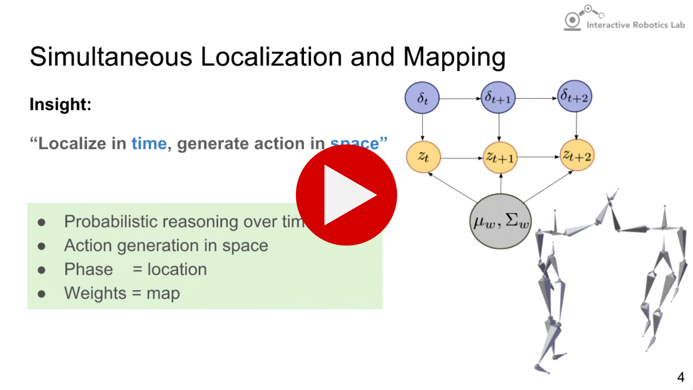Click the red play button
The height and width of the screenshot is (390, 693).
click(346, 195)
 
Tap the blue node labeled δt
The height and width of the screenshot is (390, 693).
click(422, 98)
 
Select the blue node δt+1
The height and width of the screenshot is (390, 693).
click(498, 97)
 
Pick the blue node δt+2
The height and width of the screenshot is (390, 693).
click(575, 96)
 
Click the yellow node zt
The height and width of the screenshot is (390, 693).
click(423, 157)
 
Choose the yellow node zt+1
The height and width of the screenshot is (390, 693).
click(500, 157)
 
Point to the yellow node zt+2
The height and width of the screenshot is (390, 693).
click(577, 156)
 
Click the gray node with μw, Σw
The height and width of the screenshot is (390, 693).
click(500, 221)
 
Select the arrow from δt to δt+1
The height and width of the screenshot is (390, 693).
click(460, 99)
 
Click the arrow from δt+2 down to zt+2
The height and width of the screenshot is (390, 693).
click(576, 125)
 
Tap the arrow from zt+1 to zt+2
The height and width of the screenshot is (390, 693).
click(538, 157)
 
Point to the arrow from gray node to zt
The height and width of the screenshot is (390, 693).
click(453, 188)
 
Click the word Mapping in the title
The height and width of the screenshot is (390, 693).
click(454, 57)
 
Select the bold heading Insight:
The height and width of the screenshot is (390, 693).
click(60, 104)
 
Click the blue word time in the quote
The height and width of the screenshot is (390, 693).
click(149, 143)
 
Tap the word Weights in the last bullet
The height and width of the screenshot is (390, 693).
click(95, 293)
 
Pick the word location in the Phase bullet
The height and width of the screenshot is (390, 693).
click(177, 270)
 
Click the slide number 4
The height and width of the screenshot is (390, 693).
click(680, 377)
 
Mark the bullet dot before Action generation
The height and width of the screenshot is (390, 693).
click(42, 246)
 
